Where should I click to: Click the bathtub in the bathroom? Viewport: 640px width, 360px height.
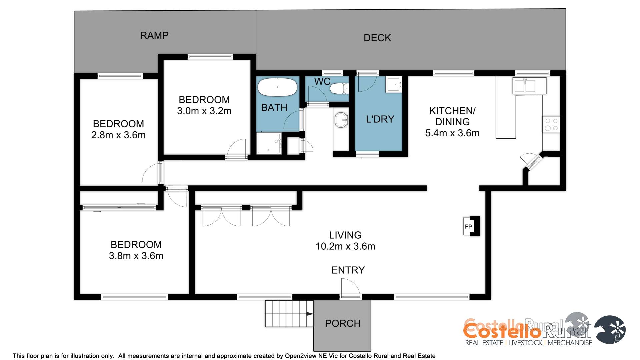(x=277, y=87)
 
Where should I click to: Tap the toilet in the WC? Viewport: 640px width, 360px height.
(x=339, y=89)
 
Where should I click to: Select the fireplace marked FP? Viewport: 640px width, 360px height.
(x=472, y=226)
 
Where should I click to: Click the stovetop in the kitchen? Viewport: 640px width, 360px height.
(x=551, y=124)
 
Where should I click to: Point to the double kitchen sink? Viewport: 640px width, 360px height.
(x=529, y=85)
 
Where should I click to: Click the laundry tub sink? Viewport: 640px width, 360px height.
(x=394, y=84)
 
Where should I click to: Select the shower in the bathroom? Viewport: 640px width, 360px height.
(x=269, y=143)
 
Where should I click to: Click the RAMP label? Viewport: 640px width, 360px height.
(x=154, y=35)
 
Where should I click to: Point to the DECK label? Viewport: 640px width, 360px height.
(x=377, y=38)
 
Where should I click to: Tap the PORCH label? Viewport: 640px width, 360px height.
(x=343, y=323)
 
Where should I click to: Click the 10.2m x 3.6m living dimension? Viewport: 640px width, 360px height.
(x=345, y=246)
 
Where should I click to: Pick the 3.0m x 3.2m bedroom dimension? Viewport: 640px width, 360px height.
(x=204, y=111)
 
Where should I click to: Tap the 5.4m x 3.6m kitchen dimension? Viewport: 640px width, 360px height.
(x=452, y=133)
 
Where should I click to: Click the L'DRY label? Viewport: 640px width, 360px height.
(x=380, y=119)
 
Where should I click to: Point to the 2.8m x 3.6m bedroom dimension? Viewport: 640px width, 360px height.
(x=118, y=135)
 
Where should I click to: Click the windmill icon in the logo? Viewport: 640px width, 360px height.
(x=610, y=329)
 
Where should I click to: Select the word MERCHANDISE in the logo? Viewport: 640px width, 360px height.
(x=570, y=343)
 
